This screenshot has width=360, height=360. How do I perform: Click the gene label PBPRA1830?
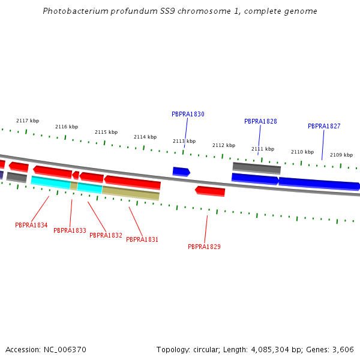[188, 114]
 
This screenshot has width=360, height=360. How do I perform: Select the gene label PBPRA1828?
[260, 121]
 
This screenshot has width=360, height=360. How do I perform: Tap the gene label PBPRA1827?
[324, 126]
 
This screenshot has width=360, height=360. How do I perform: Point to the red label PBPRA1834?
[31, 225]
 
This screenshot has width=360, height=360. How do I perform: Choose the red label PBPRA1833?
[70, 230]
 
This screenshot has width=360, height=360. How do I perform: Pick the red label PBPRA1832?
[106, 235]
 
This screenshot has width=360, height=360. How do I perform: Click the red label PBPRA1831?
[142, 239]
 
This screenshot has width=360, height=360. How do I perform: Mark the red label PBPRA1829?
[204, 247]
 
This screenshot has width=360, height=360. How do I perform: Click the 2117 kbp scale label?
[28, 121]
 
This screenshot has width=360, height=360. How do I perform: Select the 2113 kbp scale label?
[184, 141]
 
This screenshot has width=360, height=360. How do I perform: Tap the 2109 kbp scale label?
[341, 155]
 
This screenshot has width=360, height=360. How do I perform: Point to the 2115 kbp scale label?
[106, 132]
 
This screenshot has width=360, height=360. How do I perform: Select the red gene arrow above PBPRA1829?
[210, 191]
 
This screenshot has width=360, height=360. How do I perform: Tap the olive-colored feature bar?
[130, 193]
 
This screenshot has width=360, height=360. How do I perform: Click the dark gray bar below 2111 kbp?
[256, 168]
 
